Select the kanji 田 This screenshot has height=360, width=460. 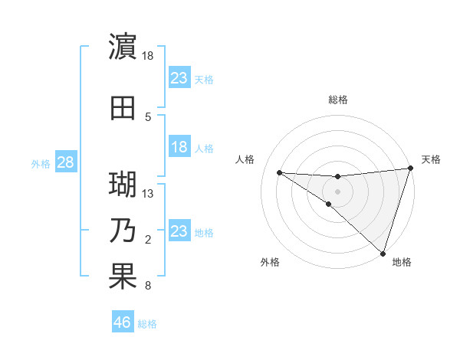tap(123, 106)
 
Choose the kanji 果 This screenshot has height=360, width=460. tap(123, 277)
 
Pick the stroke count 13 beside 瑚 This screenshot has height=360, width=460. tap(148, 194)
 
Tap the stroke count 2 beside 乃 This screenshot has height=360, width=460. tap(148, 240)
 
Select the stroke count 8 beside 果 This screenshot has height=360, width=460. tap(148, 286)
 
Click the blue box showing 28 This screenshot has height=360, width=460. tap(64, 162)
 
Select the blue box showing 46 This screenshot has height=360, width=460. tap(123, 322)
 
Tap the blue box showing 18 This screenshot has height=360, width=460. tap(179, 147)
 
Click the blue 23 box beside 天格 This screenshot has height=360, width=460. tap(179, 77)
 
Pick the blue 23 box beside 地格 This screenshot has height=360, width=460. tap(179, 231)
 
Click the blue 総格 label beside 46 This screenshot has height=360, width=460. tap(147, 324)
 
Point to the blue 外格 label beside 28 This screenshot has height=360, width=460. tap(40, 164)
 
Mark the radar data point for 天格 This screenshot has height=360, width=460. tap(411, 169)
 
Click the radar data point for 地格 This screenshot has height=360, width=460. tap(383, 253)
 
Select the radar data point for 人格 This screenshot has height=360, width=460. tap(279, 172)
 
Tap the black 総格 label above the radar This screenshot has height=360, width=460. tap(337, 100)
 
